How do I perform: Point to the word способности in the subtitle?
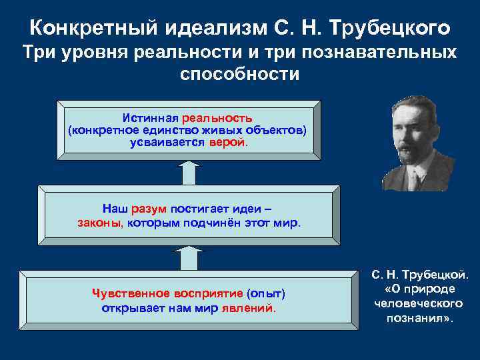[240, 73]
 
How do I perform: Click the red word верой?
[227, 142]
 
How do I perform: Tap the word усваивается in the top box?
[167, 142]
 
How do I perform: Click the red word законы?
[99, 223]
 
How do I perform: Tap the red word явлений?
[252, 308]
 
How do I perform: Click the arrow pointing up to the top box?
[189, 172]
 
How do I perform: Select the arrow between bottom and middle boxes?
[189, 257]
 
